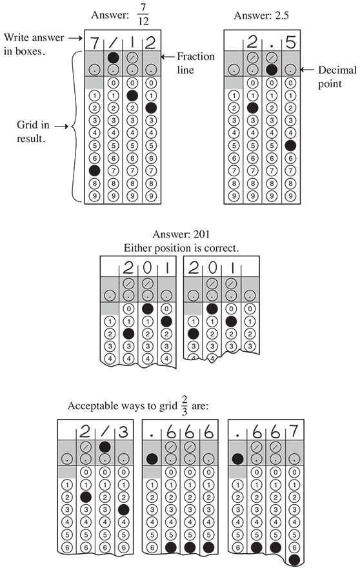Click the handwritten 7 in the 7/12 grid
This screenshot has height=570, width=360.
[x=94, y=45]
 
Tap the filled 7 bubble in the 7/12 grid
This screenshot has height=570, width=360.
[x=94, y=170]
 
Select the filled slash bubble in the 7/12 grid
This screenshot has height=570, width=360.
[x=113, y=57]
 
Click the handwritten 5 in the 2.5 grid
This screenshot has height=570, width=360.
[x=290, y=45]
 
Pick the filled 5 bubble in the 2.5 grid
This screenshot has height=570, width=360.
[x=290, y=145]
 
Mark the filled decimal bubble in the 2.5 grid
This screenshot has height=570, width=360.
[x=272, y=69]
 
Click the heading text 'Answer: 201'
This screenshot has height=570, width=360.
[x=180, y=235]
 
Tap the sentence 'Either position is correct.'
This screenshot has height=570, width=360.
[x=180, y=247]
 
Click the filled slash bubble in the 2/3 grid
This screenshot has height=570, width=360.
[x=103, y=446]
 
